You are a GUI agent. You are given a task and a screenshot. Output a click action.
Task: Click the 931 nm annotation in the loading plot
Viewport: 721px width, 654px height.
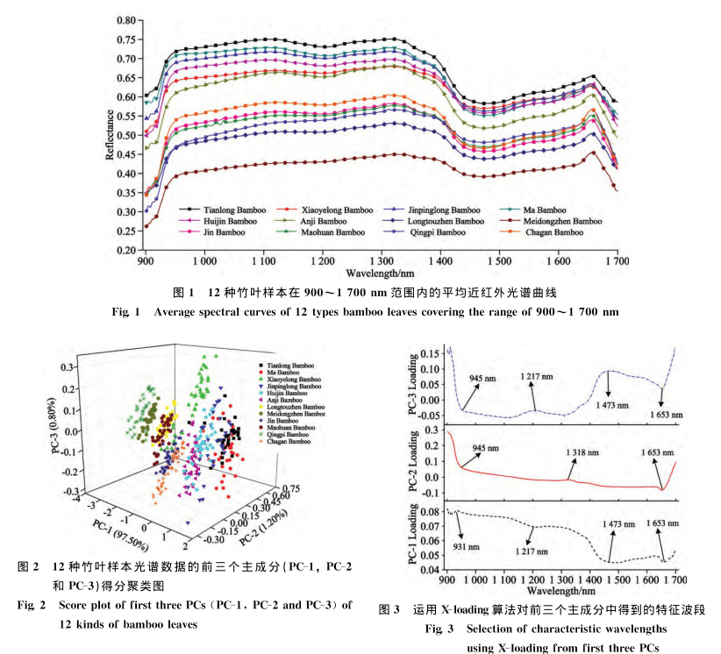click(x=466, y=546)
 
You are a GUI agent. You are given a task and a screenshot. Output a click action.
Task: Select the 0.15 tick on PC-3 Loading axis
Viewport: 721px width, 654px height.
click(x=434, y=353)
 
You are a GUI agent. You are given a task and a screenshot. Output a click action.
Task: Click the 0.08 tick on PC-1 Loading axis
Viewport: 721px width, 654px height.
click(x=434, y=510)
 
